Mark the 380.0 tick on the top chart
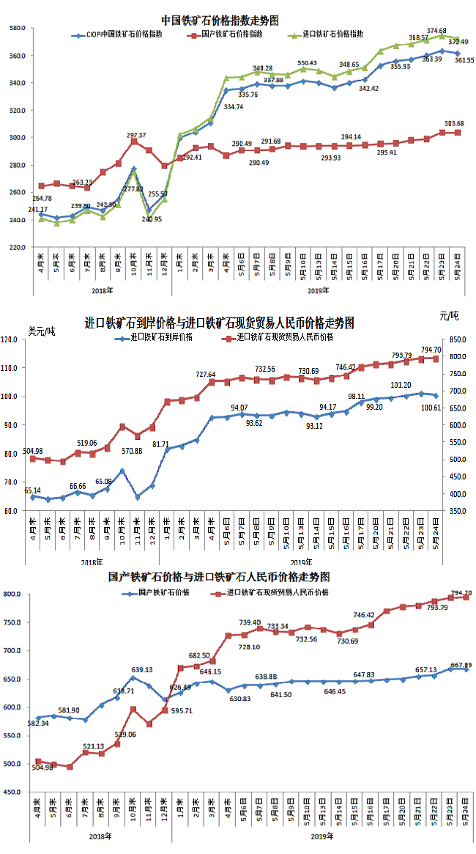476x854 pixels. pyautogui.click(x=17, y=29)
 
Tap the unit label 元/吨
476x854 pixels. pyautogui.click(x=448, y=316)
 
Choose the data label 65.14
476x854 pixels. pyautogui.click(x=32, y=490)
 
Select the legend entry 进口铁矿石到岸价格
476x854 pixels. pyautogui.click(x=160, y=337)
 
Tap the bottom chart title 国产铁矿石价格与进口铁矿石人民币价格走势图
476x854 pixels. pyautogui.click(x=218, y=577)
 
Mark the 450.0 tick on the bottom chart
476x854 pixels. pyautogui.click(x=17, y=792)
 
